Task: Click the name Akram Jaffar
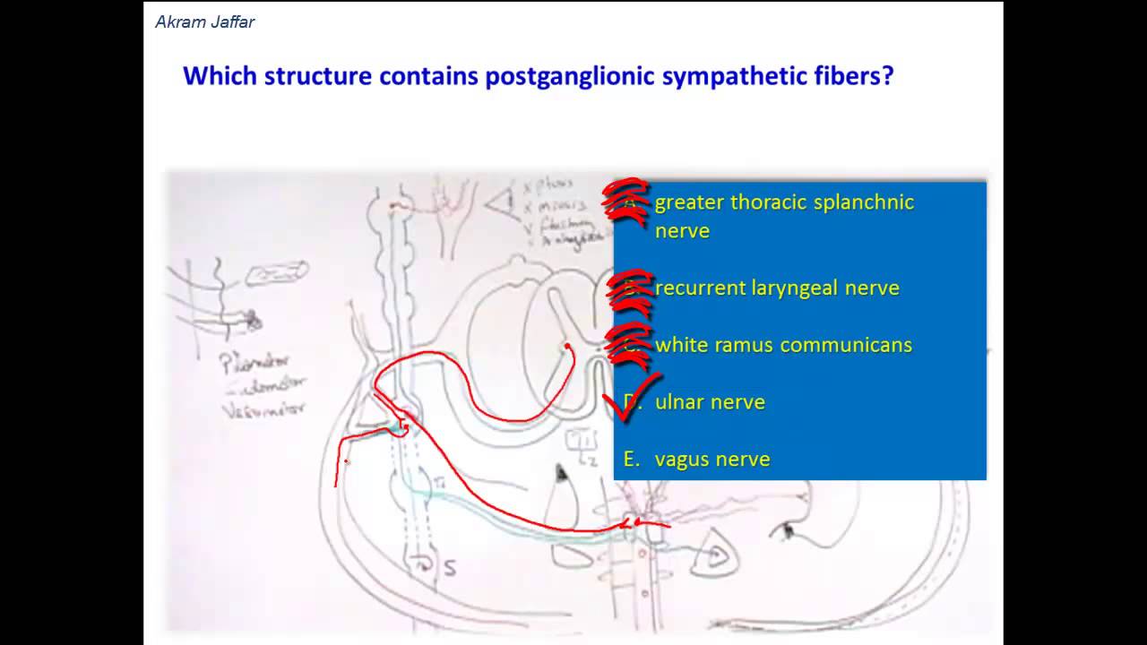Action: tap(205, 22)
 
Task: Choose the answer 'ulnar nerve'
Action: tap(710, 402)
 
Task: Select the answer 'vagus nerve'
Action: tap(712, 460)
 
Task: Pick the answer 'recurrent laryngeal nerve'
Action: tap(777, 288)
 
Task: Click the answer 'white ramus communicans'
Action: tap(783, 345)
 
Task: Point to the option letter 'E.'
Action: tap(633, 460)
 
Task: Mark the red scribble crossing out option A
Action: tap(627, 202)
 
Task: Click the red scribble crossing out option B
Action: tap(631, 288)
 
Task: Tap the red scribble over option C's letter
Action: tap(631, 345)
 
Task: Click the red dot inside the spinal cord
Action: tap(567, 345)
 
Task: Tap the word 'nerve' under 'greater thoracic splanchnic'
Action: tap(682, 231)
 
